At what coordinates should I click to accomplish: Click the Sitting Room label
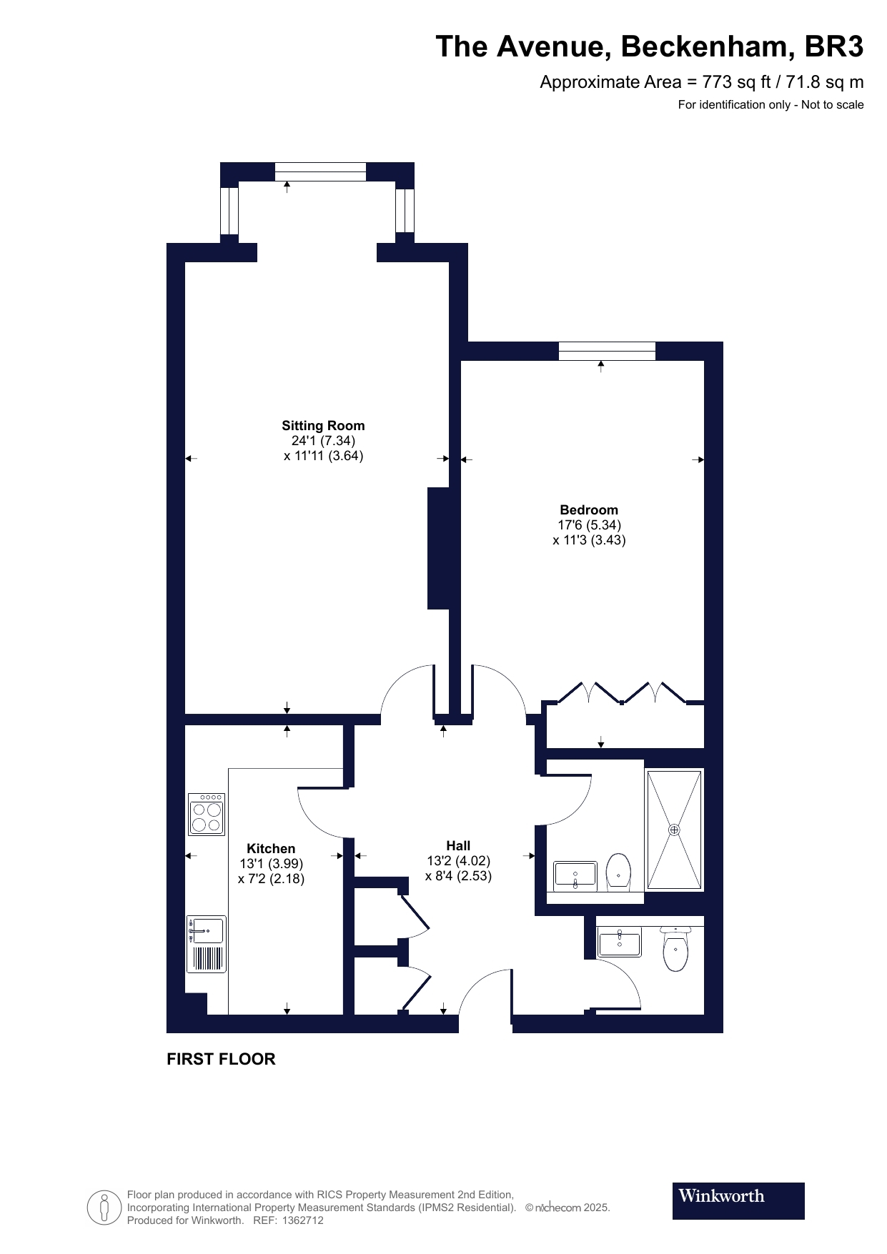point(323,426)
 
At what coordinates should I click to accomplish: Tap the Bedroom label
point(589,510)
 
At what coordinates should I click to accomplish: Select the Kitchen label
point(271,849)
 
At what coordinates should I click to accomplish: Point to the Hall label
point(458,846)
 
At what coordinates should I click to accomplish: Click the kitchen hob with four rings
point(207,815)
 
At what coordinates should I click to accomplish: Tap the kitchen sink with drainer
point(207,944)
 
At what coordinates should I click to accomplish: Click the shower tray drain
point(674,830)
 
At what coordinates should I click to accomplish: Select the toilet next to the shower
point(618,872)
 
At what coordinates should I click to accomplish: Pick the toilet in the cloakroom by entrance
point(675,948)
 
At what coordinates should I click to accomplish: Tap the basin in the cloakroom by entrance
point(620,942)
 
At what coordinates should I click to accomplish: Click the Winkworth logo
point(738,1201)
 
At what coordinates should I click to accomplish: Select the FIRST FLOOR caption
point(221,1059)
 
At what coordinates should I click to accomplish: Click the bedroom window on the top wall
point(607,352)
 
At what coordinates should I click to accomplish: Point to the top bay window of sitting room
point(320,171)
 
